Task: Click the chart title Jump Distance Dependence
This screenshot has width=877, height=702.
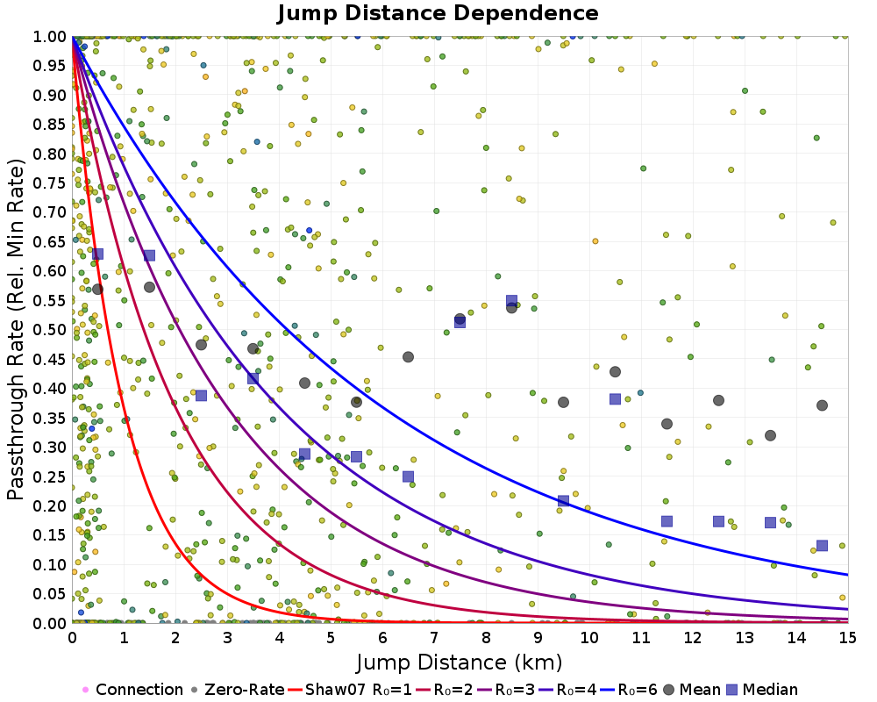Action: coord(438,14)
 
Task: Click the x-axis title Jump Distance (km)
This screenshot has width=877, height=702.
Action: coord(460,660)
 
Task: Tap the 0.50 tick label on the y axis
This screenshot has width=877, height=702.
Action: coord(50,330)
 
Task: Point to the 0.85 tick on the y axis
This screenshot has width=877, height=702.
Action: coord(50,125)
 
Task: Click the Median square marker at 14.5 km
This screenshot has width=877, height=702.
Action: coord(822,546)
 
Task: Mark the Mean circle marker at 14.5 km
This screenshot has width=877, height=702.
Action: coord(822,405)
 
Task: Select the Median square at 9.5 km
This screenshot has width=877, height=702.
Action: coord(563,501)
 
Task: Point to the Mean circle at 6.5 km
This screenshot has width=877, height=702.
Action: coord(408,357)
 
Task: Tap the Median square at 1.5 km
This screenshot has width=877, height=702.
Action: coord(149,255)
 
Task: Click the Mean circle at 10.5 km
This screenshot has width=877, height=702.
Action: coord(615,372)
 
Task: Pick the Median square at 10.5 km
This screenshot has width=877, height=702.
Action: coord(615,399)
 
